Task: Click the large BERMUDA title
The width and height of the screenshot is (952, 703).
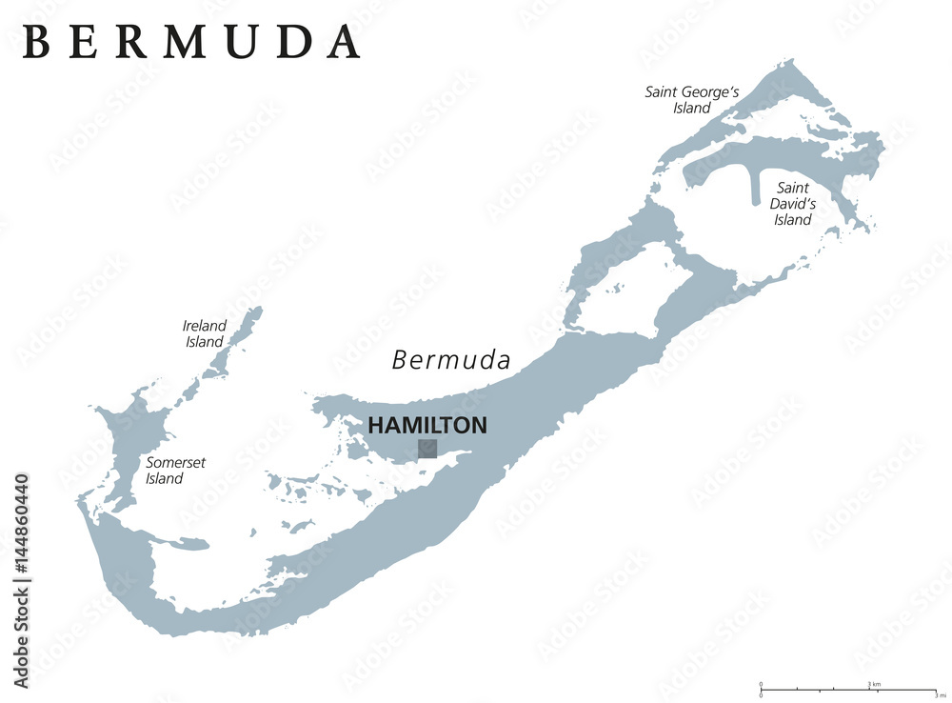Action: point(190,41)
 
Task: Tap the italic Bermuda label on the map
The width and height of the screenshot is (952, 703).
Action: point(451,360)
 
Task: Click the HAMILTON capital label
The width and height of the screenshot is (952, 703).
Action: point(427,425)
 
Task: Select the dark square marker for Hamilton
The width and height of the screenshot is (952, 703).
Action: point(427,449)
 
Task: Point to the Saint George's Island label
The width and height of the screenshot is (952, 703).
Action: point(692,100)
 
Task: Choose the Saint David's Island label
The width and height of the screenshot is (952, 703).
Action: point(792,204)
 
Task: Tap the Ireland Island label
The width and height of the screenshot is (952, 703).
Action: point(204,333)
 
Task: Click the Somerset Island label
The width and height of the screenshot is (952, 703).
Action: point(175,471)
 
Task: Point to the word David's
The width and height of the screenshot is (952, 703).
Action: point(793,204)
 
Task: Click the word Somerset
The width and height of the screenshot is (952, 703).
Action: point(175,463)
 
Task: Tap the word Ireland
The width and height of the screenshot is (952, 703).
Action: point(204,326)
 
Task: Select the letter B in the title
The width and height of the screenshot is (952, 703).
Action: point(35,41)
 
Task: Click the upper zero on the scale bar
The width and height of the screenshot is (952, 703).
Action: point(761,684)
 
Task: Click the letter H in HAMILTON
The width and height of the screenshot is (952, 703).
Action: point(375,425)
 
